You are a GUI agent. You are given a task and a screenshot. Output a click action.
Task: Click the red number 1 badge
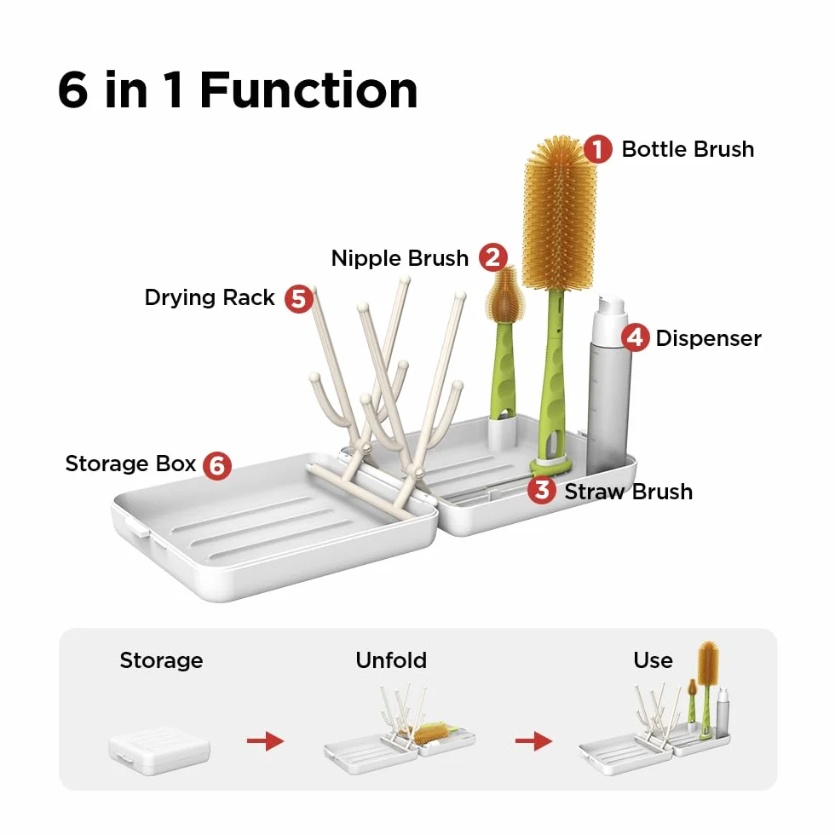click(597, 149)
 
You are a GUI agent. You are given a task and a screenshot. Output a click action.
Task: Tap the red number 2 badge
click(492, 257)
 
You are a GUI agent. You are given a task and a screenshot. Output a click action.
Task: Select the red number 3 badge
click(542, 490)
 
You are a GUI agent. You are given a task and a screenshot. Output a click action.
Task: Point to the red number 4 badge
click(636, 337)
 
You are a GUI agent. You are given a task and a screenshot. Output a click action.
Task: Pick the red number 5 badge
click(299, 298)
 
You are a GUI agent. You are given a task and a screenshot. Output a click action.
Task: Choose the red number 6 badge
click(217, 465)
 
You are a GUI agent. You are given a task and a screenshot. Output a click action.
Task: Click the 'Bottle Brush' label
click(688, 149)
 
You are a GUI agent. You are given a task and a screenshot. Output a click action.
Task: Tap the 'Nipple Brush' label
click(400, 258)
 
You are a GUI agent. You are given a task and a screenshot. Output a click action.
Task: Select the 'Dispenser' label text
click(708, 339)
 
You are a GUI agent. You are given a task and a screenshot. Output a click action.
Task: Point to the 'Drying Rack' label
click(210, 297)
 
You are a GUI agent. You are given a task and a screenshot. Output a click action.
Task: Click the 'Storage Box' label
click(131, 464)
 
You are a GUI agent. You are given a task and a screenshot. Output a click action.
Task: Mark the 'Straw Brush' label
click(629, 492)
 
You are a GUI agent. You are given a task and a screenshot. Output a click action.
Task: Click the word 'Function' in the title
click(308, 90)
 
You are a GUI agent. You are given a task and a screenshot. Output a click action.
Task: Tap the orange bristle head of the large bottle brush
click(559, 213)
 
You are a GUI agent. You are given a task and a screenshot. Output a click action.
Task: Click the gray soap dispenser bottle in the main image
click(610, 384)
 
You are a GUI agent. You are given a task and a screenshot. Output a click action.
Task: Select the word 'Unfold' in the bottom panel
click(391, 660)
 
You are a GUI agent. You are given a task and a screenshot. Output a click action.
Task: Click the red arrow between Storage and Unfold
click(265, 740)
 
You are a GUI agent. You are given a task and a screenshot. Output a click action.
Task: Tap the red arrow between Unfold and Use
click(533, 740)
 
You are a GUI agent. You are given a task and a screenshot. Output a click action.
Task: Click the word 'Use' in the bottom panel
click(653, 660)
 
